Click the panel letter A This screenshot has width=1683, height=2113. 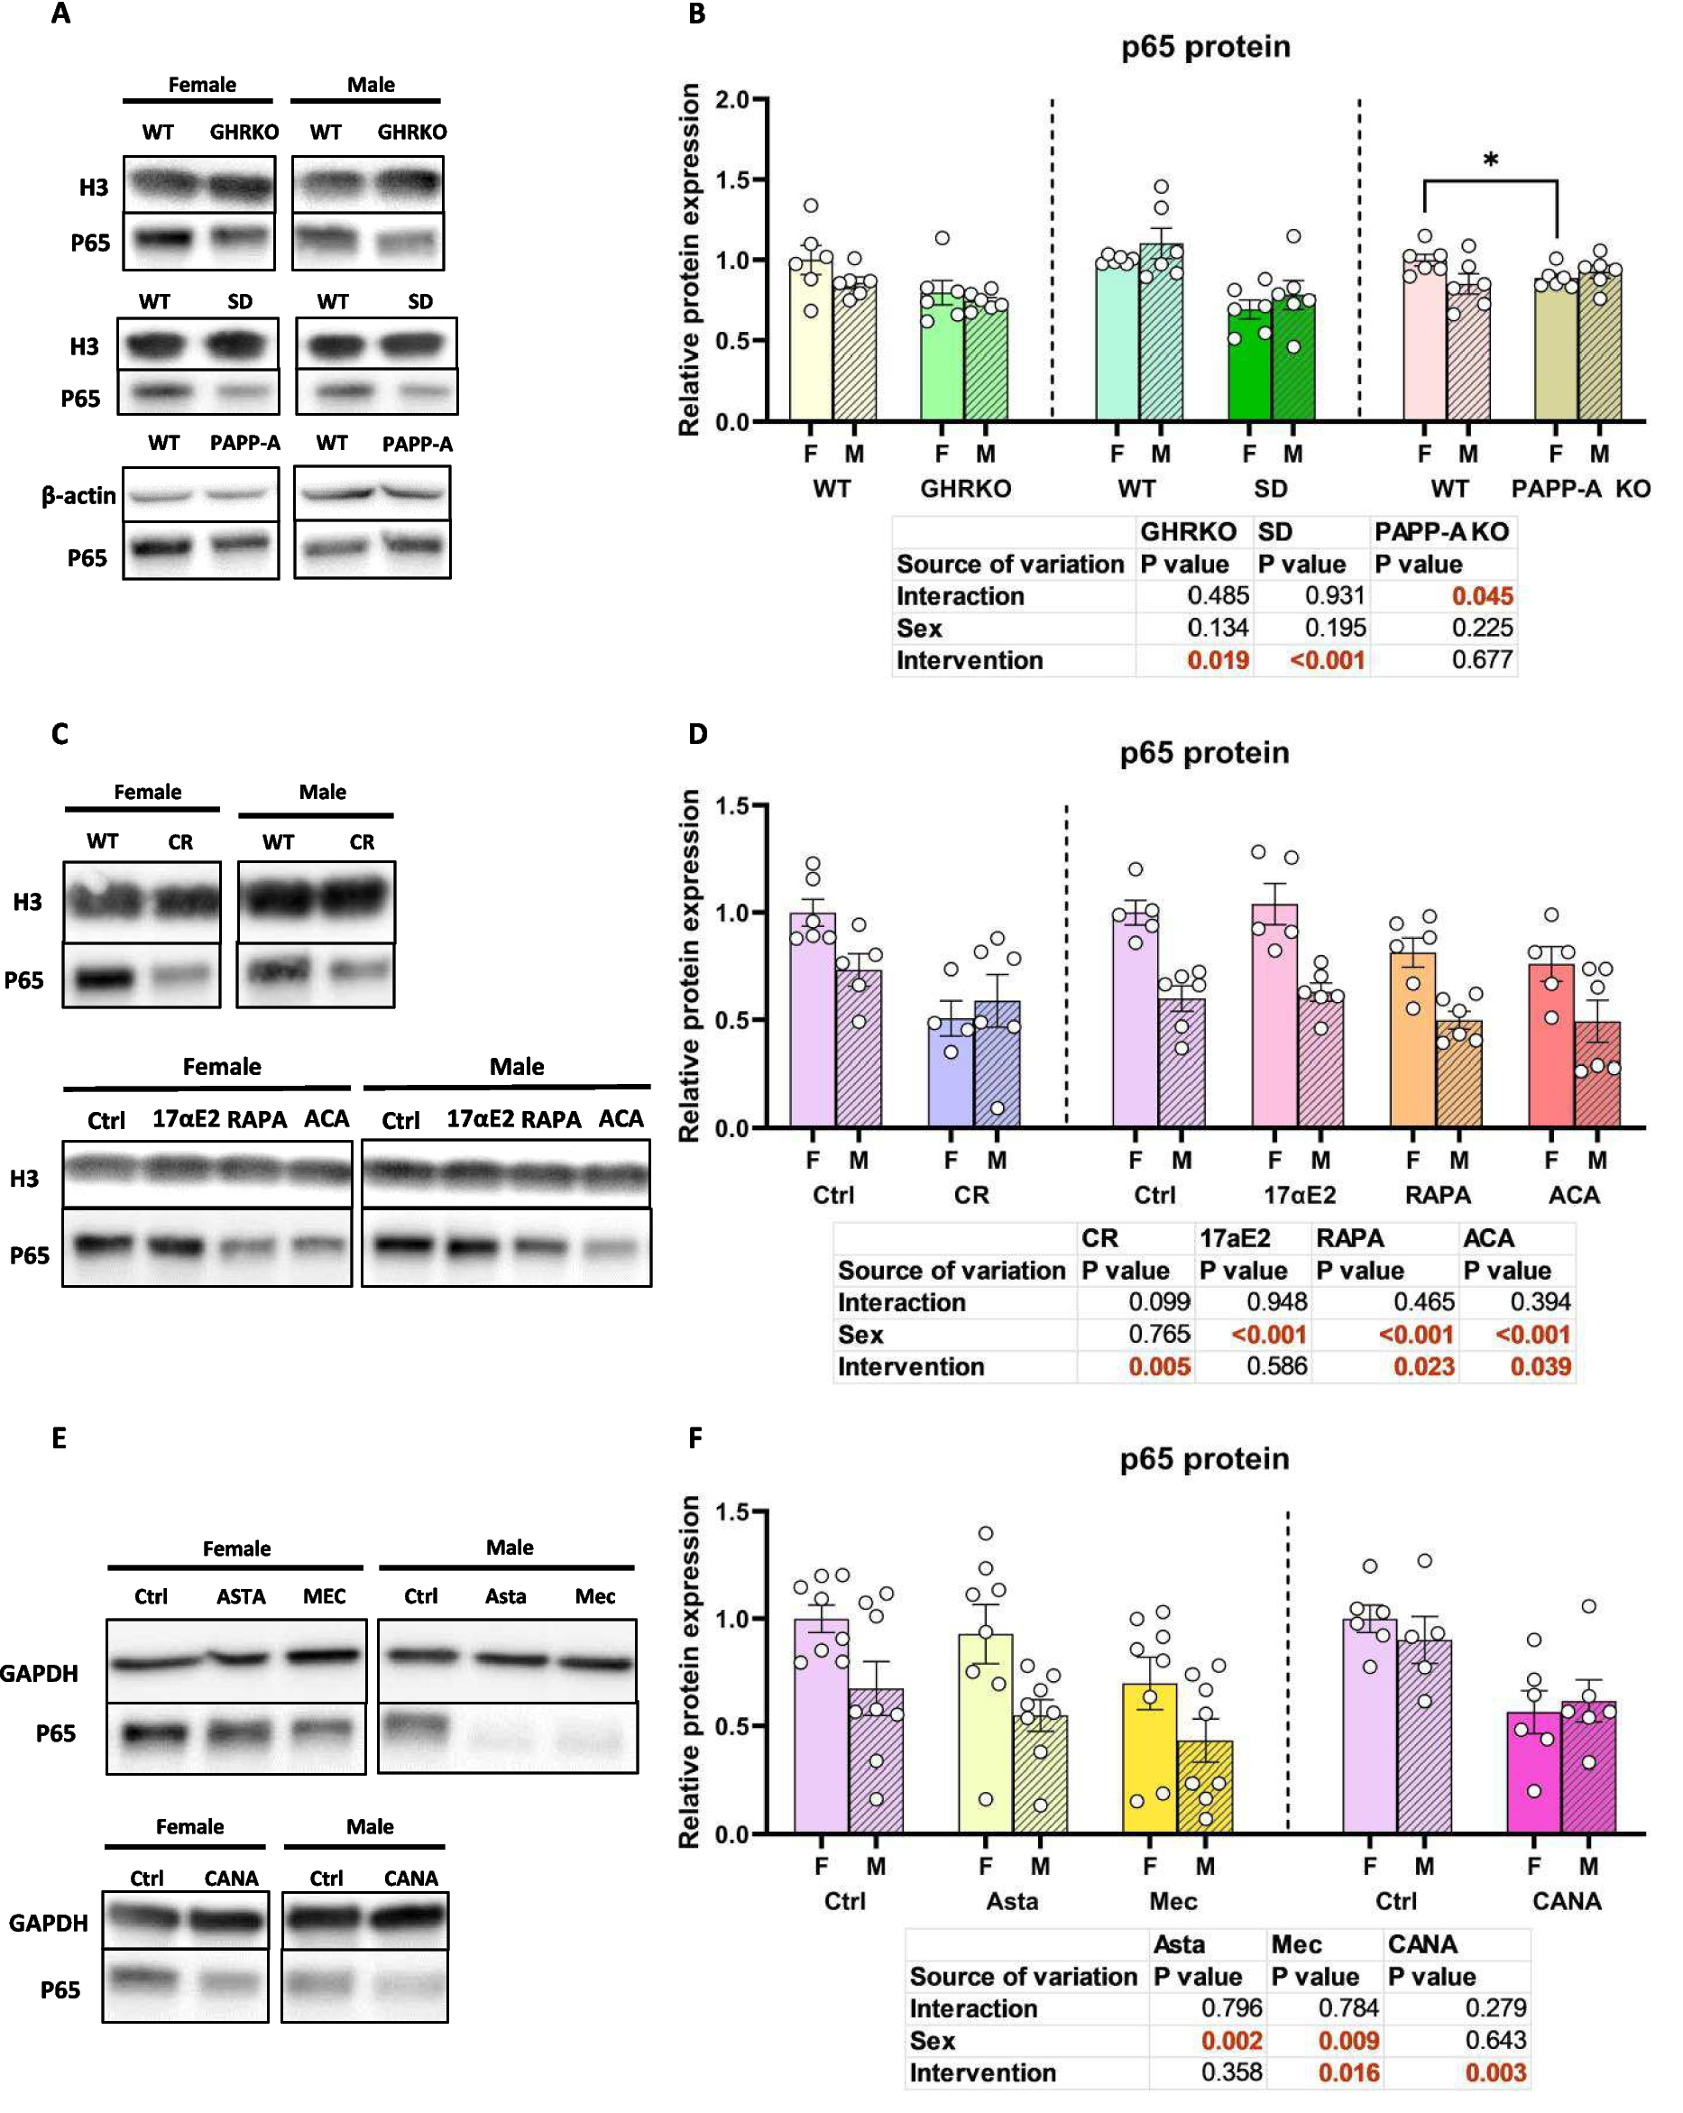point(60,14)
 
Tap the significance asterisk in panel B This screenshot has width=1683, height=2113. point(1490,160)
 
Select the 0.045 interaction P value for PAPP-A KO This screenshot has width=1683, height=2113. point(1482,596)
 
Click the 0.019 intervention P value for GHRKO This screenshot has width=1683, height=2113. point(1218,659)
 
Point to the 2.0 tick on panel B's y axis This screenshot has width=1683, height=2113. point(731,99)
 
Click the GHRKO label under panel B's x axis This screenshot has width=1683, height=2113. point(964,488)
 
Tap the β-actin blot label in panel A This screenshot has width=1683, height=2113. point(78,496)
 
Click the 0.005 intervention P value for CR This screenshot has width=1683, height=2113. point(1159,1366)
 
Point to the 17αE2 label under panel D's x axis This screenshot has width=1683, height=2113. point(1299,1195)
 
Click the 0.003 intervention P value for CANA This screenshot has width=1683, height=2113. point(1494,2072)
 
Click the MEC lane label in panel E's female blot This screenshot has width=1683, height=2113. point(324,1596)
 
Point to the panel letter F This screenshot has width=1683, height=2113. point(695,1438)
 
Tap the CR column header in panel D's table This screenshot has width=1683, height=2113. point(1099,1238)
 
